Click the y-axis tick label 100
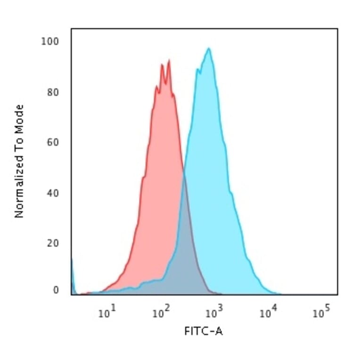[49, 41]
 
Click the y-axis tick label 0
[56, 290]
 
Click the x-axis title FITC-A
[204, 332]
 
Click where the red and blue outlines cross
[183, 175]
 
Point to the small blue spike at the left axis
[72, 273]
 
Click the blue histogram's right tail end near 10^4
[278, 293]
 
